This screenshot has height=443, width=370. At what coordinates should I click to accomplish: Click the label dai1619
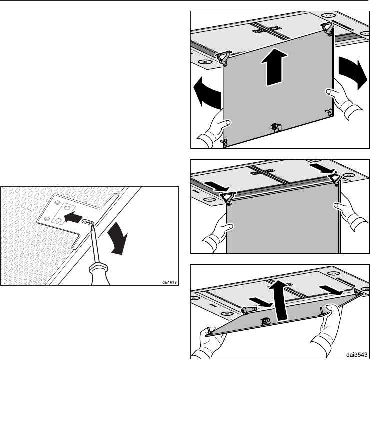pos(169,282)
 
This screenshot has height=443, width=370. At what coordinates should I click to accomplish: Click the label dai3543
pos(357,355)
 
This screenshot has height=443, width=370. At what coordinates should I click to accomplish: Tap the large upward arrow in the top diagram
pos(274,67)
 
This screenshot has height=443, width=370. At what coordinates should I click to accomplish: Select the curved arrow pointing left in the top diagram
pos(207,92)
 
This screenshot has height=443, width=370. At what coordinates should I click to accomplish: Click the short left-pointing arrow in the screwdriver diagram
pos(73,218)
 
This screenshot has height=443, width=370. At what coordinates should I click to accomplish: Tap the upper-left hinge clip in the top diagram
pos(224,58)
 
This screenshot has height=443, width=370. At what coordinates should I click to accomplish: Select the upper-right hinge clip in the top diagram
pos(327,28)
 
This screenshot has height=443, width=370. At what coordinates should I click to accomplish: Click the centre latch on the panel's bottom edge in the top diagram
pos(275,127)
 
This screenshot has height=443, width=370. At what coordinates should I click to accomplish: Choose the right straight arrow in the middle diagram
pos(322,168)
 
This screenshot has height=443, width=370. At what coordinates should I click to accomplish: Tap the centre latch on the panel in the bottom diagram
pos(265,321)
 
